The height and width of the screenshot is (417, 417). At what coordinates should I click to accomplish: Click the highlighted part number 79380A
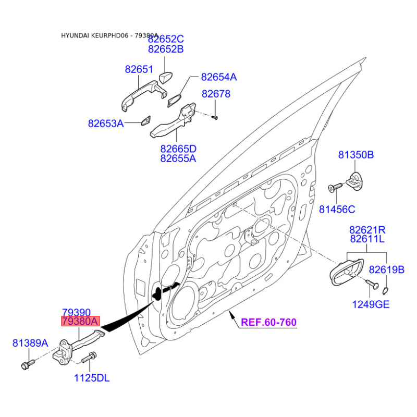point(80,321)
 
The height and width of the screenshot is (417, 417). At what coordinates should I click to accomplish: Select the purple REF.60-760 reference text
point(268,322)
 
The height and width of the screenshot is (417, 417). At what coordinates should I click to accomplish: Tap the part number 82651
point(139,69)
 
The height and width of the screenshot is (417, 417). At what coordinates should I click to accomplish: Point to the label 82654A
point(218,77)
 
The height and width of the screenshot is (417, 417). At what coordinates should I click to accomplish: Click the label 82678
point(216,94)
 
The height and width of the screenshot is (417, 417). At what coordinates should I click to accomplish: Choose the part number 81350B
point(356,154)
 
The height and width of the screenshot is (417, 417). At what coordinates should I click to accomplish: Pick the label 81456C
point(337,210)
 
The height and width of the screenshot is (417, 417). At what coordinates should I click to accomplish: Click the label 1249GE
point(371,304)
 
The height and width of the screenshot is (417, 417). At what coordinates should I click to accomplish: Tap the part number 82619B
point(386,270)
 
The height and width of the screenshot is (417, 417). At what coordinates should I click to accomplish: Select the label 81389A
point(30,343)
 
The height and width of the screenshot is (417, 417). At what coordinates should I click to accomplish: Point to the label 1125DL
point(92,378)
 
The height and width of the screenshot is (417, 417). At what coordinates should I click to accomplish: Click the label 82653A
point(106,124)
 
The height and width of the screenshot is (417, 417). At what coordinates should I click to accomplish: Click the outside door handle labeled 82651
point(144,95)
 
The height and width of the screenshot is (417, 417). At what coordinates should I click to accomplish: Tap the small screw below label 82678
point(215,117)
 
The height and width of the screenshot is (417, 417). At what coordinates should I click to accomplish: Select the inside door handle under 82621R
point(346,272)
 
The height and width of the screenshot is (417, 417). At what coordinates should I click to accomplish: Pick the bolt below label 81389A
point(28,364)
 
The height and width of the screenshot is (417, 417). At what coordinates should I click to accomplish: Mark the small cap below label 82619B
point(385,291)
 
